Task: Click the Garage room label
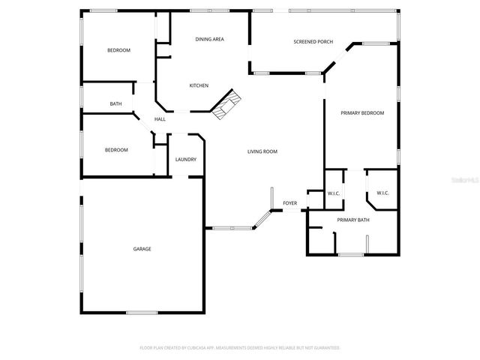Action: [142, 249]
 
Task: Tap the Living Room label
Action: [262, 151]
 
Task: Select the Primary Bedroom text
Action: [362, 113]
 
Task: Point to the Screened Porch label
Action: [313, 42]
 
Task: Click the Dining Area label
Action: [210, 39]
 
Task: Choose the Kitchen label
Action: [199, 85]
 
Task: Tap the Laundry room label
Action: [186, 160]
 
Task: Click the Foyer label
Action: [289, 203]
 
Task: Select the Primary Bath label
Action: [352, 220]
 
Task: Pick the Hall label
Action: [160, 119]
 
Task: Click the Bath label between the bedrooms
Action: [115, 103]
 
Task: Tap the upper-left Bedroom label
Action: [118, 50]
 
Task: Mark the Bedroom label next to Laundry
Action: [115, 150]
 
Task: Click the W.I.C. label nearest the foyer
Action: [334, 194]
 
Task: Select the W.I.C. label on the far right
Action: [382, 193]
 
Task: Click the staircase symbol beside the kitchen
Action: [226, 106]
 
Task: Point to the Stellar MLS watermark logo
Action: [461, 181]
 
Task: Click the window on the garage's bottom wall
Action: [142, 312]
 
